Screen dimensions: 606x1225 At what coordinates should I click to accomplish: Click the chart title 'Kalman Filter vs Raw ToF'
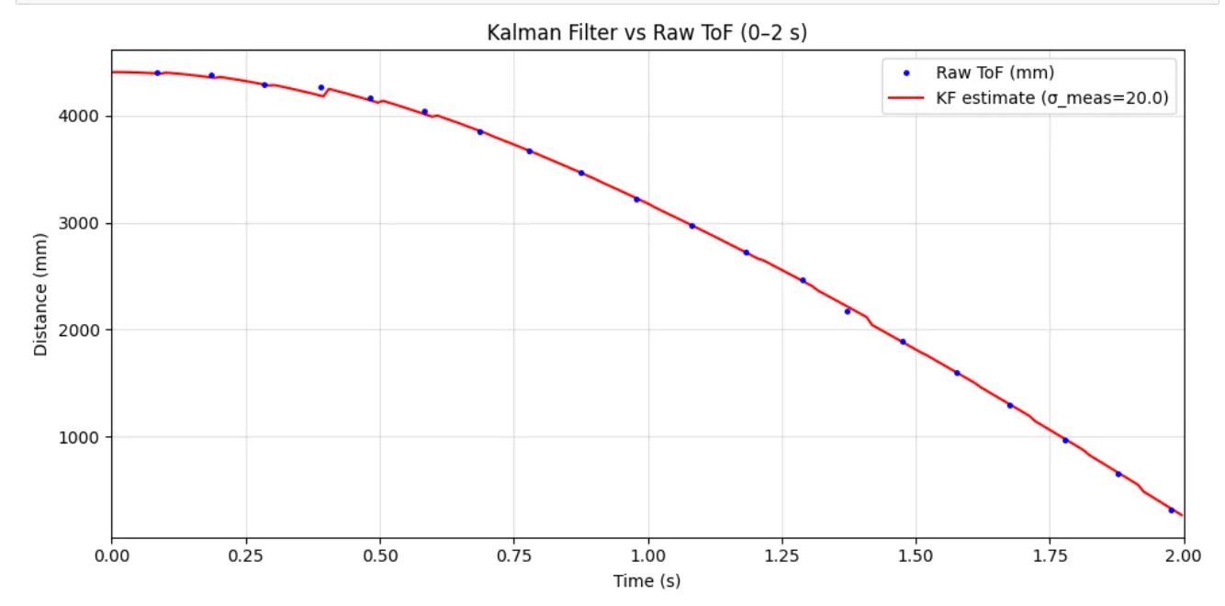coord(646,33)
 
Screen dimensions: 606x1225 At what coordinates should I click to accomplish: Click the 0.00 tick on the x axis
coord(112,556)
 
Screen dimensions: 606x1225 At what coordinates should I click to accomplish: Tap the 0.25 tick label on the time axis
coord(245,556)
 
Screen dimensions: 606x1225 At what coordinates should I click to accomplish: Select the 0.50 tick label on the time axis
coord(379,556)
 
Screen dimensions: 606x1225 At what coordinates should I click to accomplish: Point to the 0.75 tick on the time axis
coord(513,556)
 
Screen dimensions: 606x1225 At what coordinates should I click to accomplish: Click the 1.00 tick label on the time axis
coord(647,556)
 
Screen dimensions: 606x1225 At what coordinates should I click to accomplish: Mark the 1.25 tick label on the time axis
coord(781,556)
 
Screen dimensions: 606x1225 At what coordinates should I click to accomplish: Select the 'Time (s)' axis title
coord(646,581)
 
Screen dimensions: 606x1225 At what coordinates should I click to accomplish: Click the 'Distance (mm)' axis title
coord(40,294)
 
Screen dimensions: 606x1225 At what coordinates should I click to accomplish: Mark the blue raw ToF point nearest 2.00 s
coord(1171,510)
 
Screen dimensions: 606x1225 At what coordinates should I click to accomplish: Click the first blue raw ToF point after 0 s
coord(157,73)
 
